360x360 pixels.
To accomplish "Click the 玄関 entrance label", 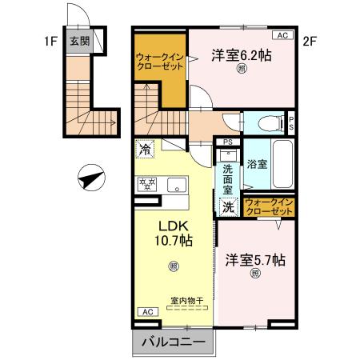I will [x=78, y=41].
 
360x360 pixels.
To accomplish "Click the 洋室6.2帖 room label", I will [x=241, y=55].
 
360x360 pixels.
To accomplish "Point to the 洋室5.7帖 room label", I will [x=255, y=259].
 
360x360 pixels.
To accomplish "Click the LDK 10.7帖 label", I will [x=172, y=232].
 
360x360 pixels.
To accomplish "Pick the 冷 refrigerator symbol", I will [x=146, y=148].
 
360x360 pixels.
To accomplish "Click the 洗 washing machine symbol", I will [x=229, y=206].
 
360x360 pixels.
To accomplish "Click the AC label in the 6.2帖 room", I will [x=283, y=35].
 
